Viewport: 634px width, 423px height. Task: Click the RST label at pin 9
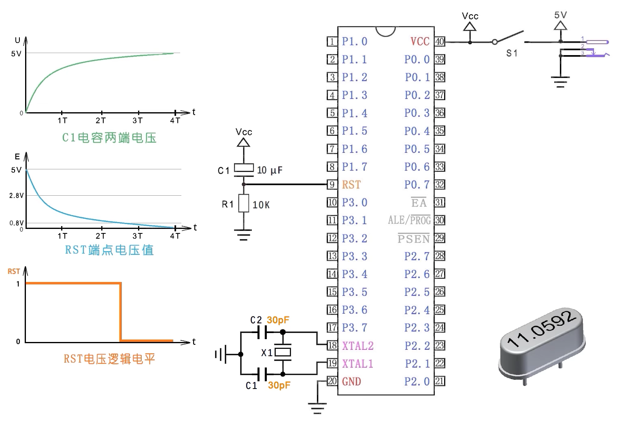click(351, 185)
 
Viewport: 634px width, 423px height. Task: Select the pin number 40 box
click(440, 42)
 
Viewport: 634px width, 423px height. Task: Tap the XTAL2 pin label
click(358, 346)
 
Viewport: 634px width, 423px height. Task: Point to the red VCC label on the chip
click(420, 42)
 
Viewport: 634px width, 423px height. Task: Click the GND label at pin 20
click(351, 382)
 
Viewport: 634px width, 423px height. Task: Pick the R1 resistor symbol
click(243, 203)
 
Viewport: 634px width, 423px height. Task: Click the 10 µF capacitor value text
click(270, 170)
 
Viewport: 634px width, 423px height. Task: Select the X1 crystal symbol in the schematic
click(283, 352)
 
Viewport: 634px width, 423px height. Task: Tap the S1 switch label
click(512, 53)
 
